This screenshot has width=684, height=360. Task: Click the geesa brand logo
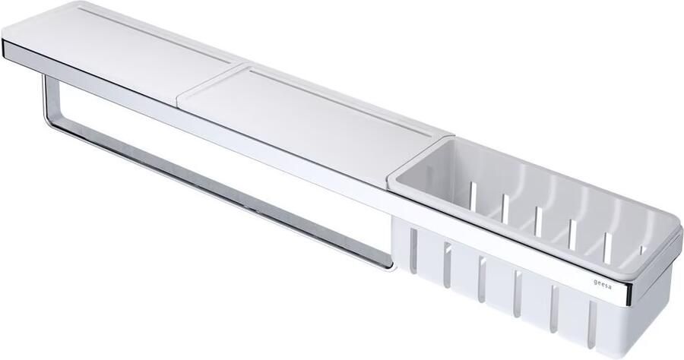point(603,284)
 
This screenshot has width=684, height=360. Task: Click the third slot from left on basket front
point(482,279)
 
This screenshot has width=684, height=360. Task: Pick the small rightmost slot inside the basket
point(641,250)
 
